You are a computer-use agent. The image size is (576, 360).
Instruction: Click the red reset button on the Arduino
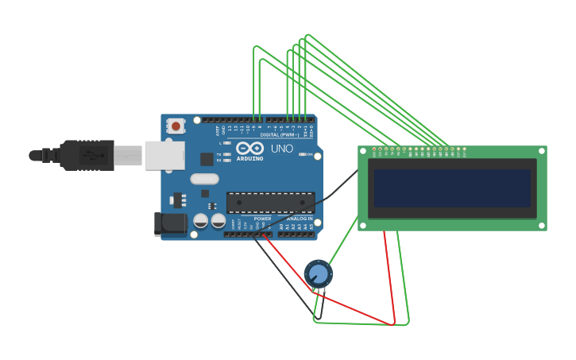point(176,126)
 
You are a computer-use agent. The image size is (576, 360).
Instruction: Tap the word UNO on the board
point(282,149)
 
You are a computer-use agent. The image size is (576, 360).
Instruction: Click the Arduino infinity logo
point(249,148)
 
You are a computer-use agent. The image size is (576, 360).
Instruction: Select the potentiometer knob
point(319,274)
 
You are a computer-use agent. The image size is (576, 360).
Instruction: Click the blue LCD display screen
point(451,188)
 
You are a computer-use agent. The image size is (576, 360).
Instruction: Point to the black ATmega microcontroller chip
point(270,202)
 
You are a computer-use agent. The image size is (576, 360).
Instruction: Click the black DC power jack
point(169,224)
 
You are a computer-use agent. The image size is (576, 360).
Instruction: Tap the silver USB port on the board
point(164,156)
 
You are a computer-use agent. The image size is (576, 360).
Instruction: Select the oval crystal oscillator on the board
point(204,179)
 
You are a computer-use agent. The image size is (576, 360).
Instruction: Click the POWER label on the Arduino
point(262,219)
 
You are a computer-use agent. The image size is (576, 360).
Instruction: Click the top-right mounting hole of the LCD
point(541,151)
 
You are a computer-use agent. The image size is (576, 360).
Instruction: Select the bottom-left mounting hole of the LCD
point(363,226)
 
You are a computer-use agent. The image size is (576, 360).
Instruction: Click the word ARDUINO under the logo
point(249,158)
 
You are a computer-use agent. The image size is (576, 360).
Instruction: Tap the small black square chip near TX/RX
point(207,159)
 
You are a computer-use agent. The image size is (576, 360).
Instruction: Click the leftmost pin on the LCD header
point(374,149)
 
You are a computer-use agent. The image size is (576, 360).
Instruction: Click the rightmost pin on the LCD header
point(465,149)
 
